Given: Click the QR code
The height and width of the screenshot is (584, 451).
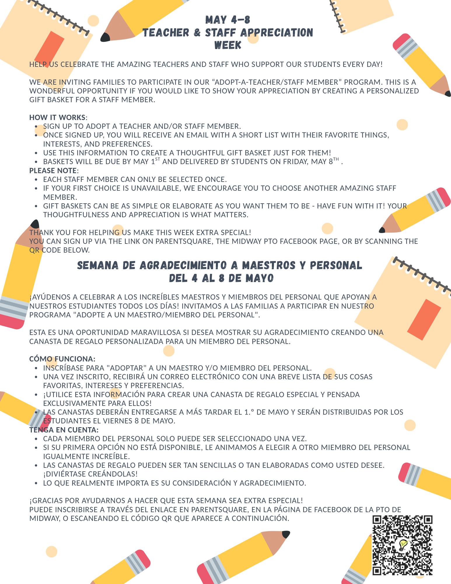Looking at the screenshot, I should click(402, 545).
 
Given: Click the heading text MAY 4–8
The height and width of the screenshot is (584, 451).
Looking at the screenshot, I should click(228, 20).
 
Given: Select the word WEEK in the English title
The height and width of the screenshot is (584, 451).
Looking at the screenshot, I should click(228, 45).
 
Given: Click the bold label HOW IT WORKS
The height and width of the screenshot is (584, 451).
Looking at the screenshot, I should click(57, 117).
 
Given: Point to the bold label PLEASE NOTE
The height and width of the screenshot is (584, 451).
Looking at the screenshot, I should click(53, 171).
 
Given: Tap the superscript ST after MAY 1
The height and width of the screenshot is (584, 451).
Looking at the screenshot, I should click(158, 159).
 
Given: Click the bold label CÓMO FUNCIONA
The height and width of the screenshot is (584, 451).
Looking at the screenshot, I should click(62, 359).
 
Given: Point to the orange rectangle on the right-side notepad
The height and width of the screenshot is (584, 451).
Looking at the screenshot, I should click(424, 319).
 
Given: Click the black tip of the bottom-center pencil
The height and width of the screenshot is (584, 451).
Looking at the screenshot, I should click(286, 534).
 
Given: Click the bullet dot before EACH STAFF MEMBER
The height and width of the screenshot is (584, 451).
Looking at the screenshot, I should click(36, 180).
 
